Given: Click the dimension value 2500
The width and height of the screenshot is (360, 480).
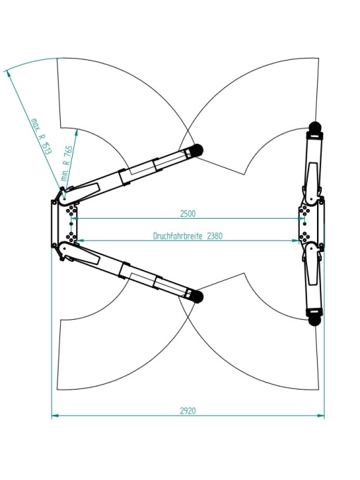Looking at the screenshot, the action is pyautogui.click(x=187, y=214).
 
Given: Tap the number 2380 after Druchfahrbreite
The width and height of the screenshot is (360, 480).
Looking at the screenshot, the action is pyautogui.click(x=215, y=236).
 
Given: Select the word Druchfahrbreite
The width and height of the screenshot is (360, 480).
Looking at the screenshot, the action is pyautogui.click(x=178, y=236).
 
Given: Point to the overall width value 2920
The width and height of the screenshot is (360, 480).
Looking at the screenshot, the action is pyautogui.click(x=188, y=411).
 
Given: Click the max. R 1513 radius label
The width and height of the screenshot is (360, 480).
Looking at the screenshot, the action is pyautogui.click(x=42, y=136).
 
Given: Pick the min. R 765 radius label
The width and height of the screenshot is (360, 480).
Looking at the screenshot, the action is pyautogui.click(x=67, y=163).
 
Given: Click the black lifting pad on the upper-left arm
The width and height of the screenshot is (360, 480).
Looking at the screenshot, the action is pyautogui.click(x=197, y=150).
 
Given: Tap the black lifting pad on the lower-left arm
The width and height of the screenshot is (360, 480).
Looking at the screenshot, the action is pyautogui.click(x=197, y=296).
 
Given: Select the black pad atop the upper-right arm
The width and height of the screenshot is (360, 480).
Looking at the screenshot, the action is pyautogui.click(x=315, y=127).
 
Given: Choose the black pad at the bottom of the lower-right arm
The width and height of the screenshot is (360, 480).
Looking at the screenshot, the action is pyautogui.click(x=314, y=320).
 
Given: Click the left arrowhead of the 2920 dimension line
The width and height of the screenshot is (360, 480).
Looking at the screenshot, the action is pyautogui.click(x=55, y=415).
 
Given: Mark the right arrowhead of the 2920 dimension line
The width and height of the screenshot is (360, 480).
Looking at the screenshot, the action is pyautogui.click(x=320, y=415).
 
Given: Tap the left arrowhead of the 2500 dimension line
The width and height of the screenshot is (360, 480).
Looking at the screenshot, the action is pyautogui.click(x=75, y=218).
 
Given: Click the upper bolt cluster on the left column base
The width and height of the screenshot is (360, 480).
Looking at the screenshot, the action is pyautogui.click(x=71, y=210).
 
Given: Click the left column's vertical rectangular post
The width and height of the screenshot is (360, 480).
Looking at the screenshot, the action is pyautogui.click(x=54, y=224).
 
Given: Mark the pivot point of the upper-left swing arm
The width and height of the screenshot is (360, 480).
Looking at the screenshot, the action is pyautogui.click(x=64, y=198).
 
